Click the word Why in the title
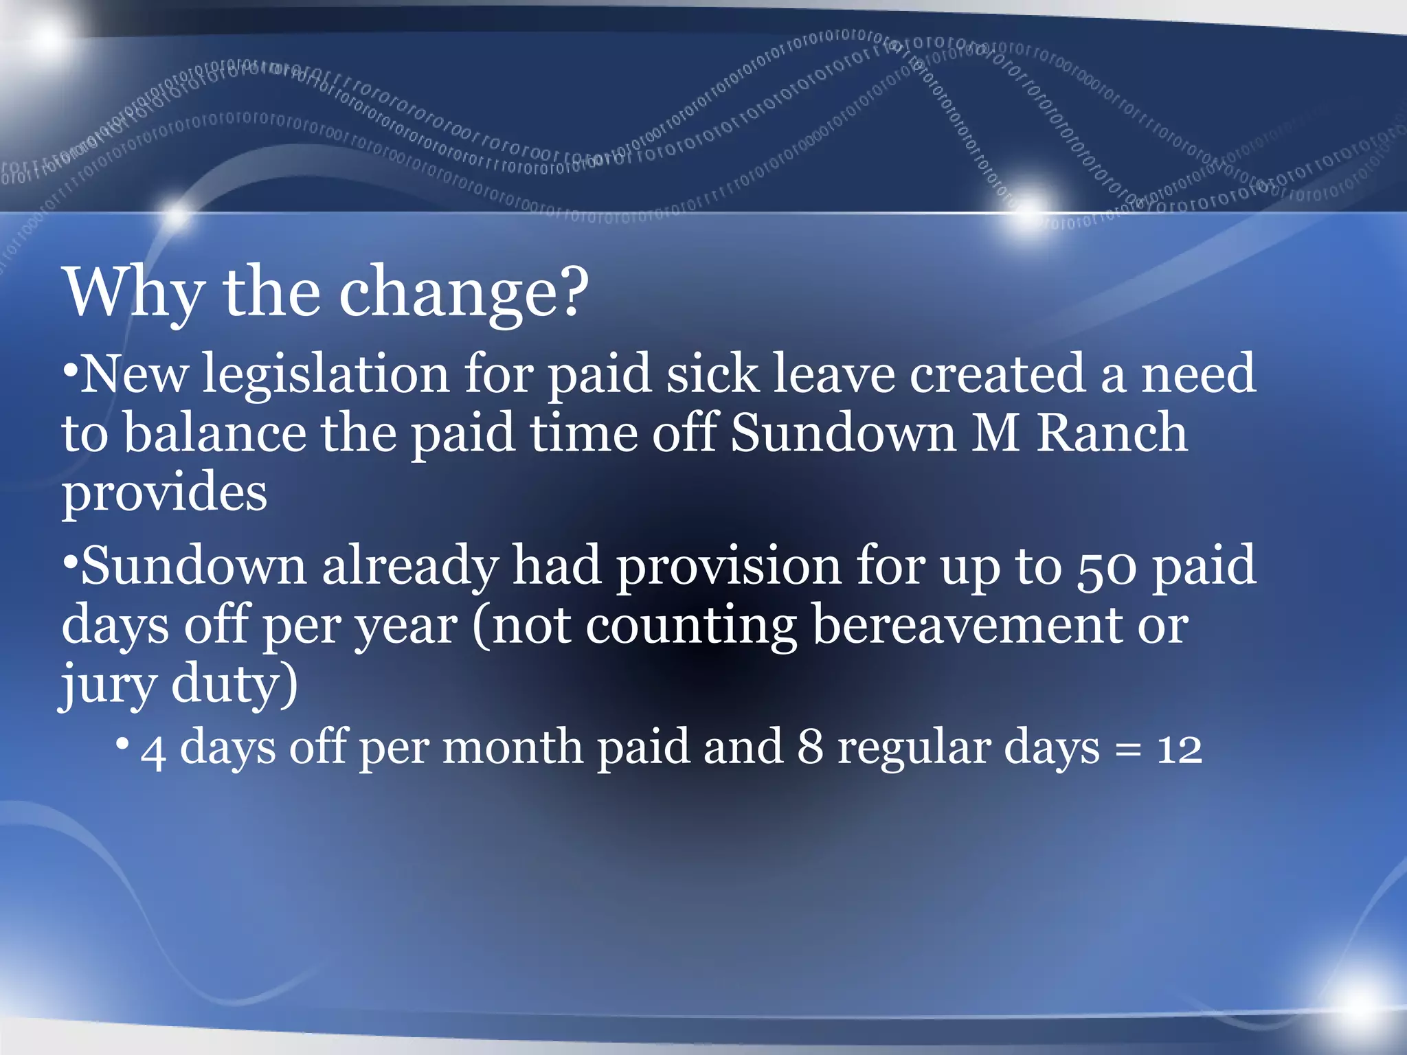click(135, 292)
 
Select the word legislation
click(326, 374)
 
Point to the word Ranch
click(1111, 433)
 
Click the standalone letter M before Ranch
click(995, 433)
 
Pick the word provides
click(164, 492)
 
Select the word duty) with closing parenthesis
click(234, 683)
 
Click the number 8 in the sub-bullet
click(810, 747)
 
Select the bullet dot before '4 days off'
click(122, 743)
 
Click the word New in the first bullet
click(135, 374)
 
